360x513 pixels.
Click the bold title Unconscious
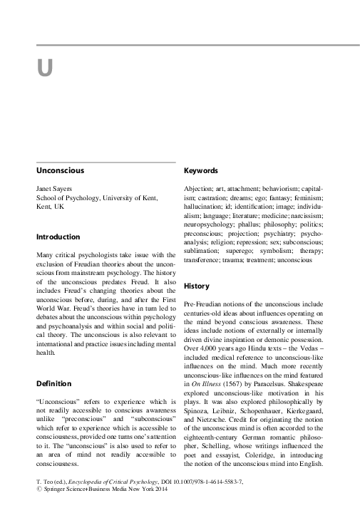pyautogui.click(x=61, y=171)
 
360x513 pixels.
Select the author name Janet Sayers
pyautogui.click(x=55, y=189)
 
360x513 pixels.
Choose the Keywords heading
pyautogui.click(x=201, y=171)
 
